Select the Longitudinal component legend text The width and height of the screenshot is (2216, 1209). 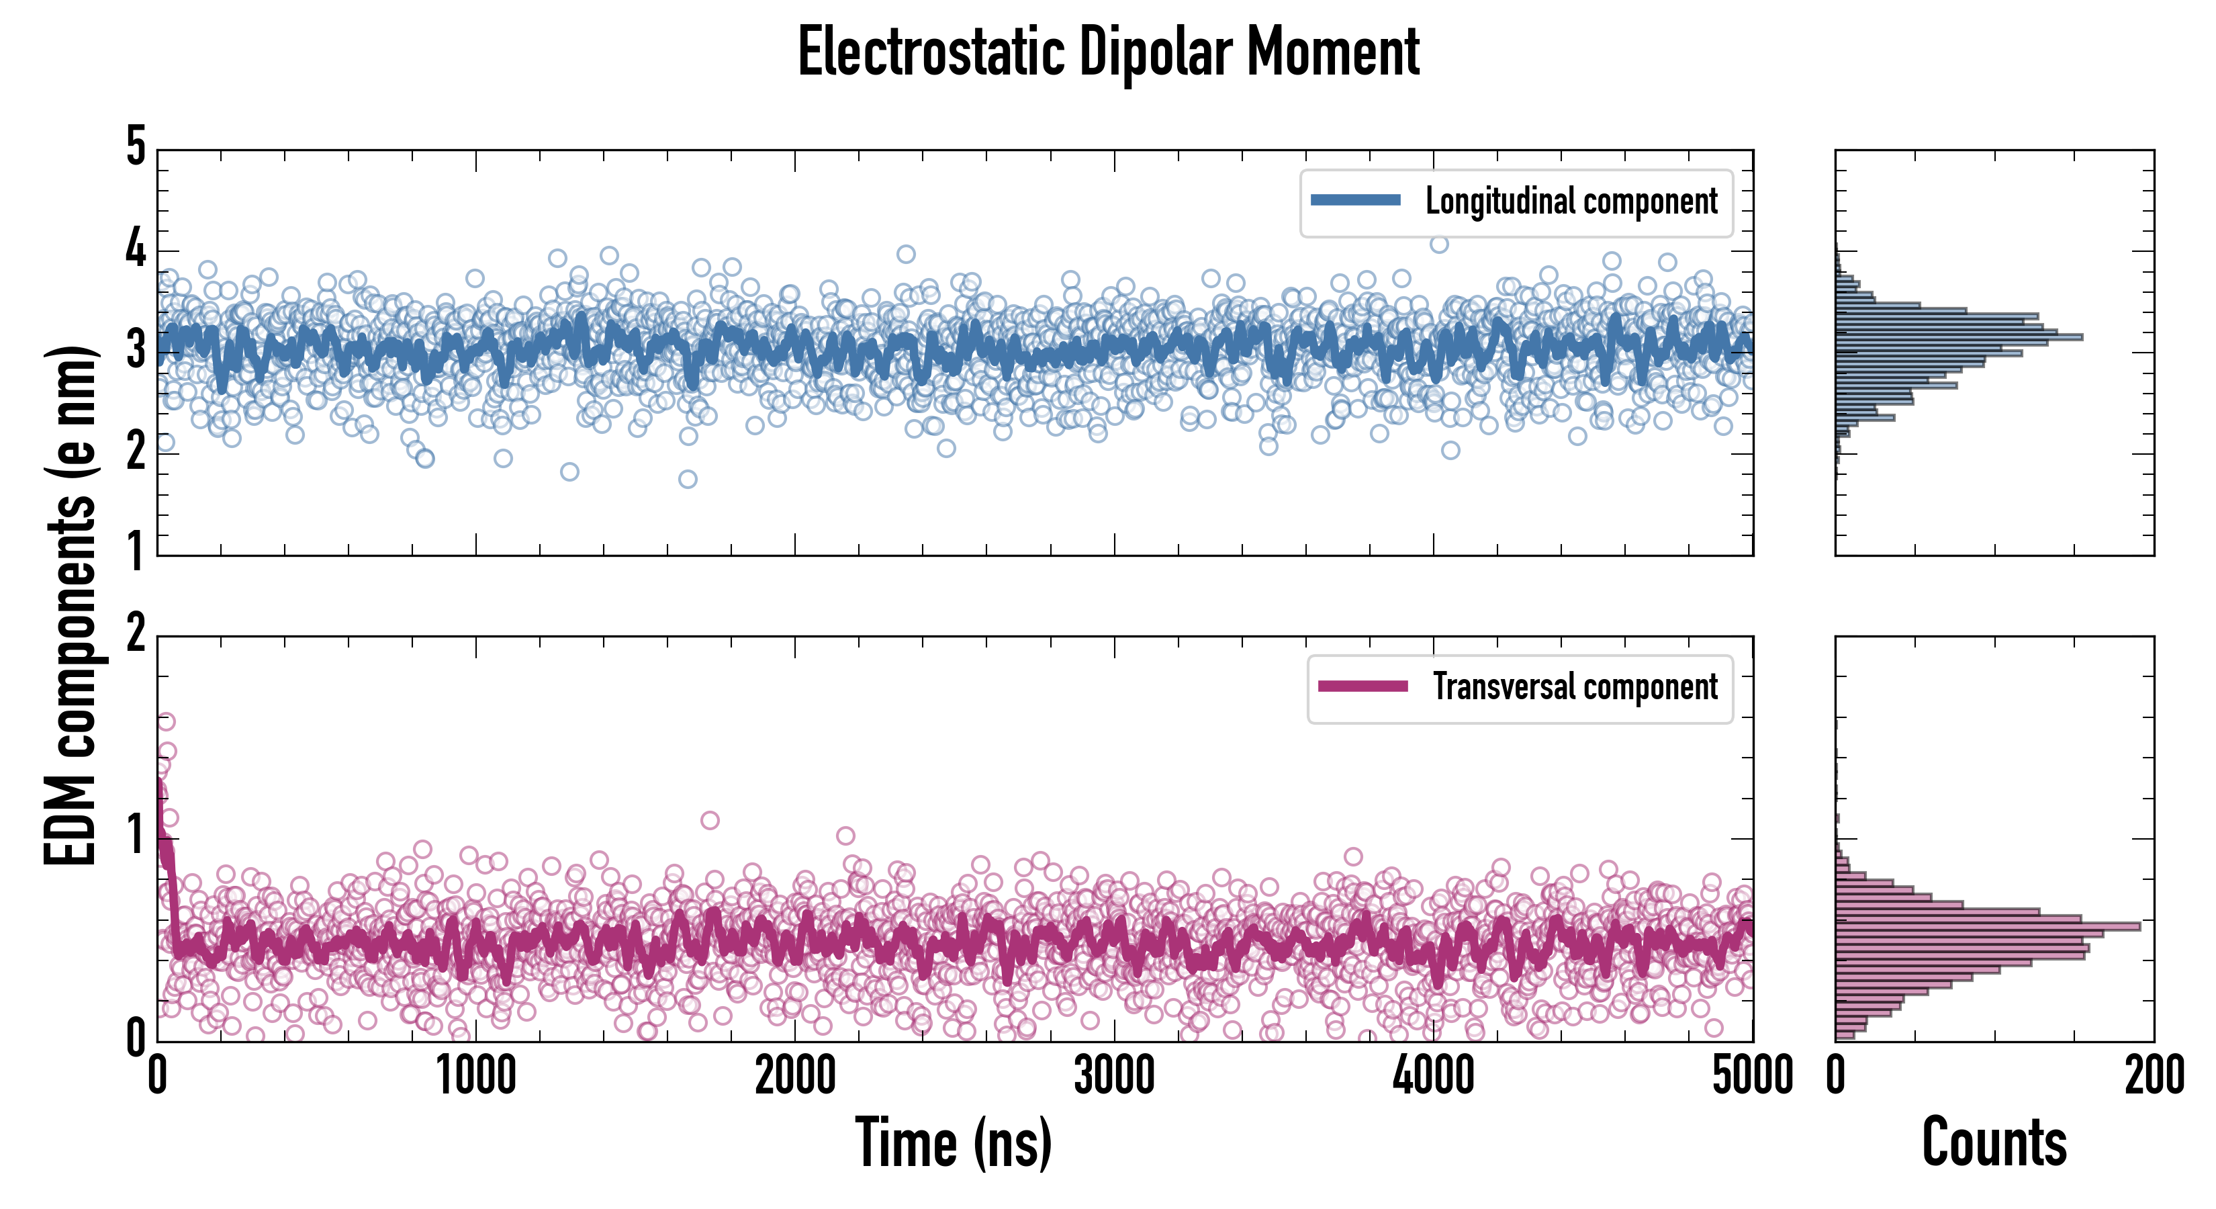1571,201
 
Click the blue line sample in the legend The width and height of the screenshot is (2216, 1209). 1356,201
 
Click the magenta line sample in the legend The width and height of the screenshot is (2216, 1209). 1363,686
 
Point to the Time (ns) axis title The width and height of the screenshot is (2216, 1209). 953,1143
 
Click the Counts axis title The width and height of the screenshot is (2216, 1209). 1994,1143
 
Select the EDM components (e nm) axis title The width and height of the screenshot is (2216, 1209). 71,606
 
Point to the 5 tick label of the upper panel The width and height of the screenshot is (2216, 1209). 136,146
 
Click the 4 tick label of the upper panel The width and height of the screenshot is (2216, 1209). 136,250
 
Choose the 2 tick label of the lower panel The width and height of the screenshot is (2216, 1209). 136,634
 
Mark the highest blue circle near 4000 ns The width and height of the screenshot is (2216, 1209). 1439,244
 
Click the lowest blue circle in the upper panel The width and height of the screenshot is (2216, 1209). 688,480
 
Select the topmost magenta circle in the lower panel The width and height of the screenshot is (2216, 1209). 166,721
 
